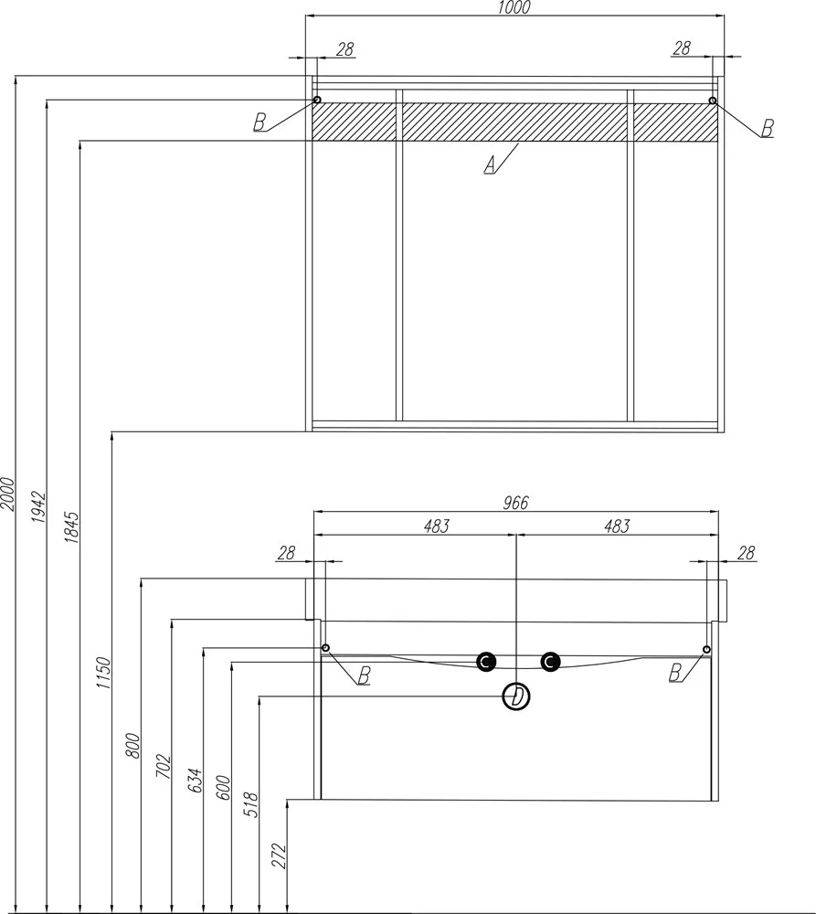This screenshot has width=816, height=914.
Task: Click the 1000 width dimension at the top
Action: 515,7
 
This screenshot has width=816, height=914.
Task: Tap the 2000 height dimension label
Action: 7,494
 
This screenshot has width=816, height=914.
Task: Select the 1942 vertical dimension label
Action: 38,507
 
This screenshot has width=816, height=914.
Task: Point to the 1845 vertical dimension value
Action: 71,527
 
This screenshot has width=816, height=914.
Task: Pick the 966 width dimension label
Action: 515,502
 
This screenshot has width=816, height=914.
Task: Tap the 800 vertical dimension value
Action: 133,746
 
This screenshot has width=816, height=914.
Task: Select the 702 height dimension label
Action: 164,766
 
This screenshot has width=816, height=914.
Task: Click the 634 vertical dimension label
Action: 196,781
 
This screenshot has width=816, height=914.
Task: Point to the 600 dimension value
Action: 225,788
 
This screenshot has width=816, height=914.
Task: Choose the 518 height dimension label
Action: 251,804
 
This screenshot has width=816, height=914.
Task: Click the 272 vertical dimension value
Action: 281,856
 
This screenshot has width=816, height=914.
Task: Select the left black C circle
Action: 486,662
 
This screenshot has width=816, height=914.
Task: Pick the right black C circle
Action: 550,662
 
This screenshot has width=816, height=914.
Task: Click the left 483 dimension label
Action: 437,526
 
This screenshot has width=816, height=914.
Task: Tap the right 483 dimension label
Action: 617,526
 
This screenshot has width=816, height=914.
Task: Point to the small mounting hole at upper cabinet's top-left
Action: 317,100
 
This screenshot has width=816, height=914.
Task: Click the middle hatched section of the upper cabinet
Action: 514,122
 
